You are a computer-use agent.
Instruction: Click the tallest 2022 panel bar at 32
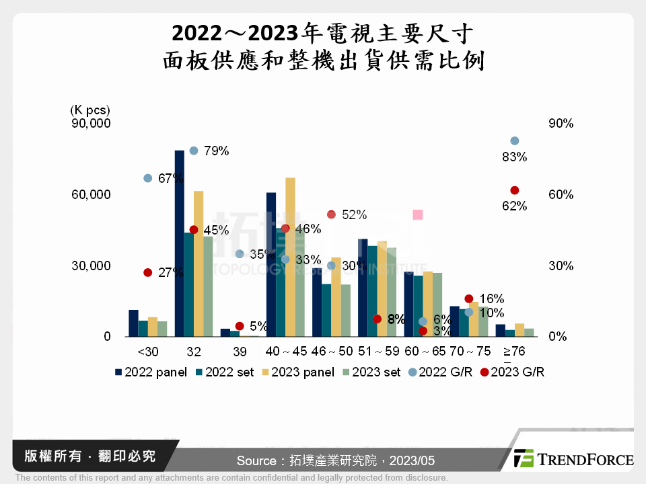click(x=179, y=243)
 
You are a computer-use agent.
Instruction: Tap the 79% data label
click(x=216, y=151)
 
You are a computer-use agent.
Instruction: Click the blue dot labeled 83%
click(x=515, y=141)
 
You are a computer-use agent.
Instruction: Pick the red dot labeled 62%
click(x=515, y=191)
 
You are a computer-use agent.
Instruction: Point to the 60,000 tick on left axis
click(x=91, y=195)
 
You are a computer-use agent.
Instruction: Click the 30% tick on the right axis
click(x=561, y=266)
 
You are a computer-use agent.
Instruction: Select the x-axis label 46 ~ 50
click(x=332, y=352)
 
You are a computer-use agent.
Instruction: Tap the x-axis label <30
click(x=148, y=352)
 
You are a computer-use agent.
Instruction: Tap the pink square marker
click(x=417, y=215)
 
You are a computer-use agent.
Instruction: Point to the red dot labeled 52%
click(x=331, y=214)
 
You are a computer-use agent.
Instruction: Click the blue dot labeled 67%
click(x=148, y=178)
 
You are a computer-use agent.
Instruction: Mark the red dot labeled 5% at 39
click(x=240, y=326)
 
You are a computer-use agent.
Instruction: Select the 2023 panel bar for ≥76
click(x=519, y=330)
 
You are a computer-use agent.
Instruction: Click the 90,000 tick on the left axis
click(x=91, y=124)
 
